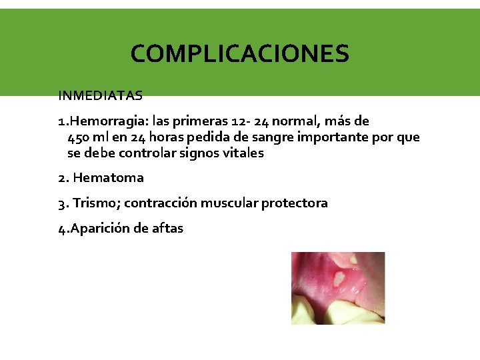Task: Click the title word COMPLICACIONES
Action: pos(239,53)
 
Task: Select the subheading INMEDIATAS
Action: pos(100,95)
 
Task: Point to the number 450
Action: pos(79,137)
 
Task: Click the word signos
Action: pos(200,153)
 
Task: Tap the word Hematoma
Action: pos(108,178)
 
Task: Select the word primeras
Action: pos(200,121)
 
